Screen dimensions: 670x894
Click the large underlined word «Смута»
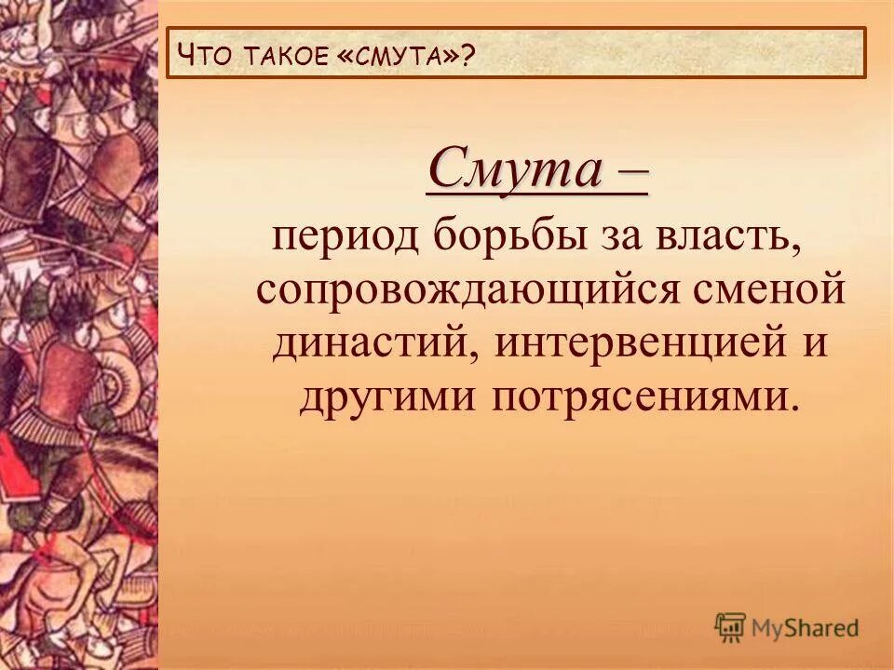click(x=503, y=169)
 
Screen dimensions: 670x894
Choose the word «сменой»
click(x=776, y=292)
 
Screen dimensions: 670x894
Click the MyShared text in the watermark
click(x=806, y=628)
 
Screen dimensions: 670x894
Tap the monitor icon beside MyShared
click(x=731, y=627)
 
